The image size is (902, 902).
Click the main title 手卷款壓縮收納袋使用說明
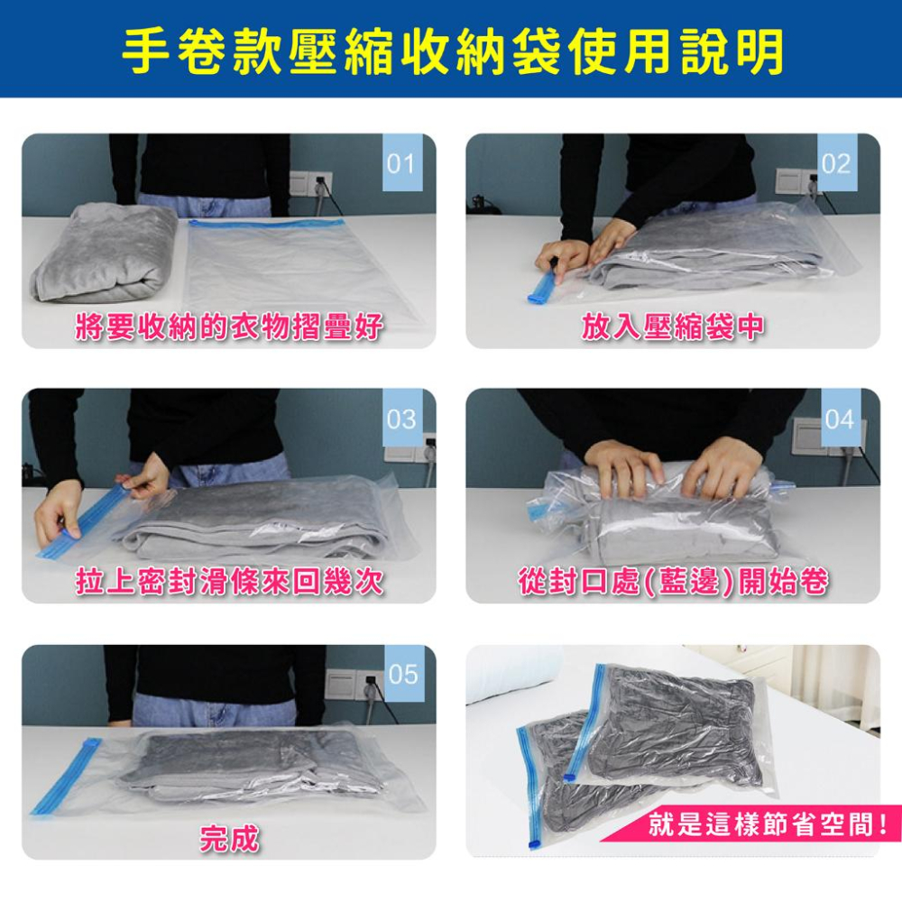tap(453, 51)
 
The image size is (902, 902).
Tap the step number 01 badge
tap(402, 162)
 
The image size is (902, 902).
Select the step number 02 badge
tap(836, 162)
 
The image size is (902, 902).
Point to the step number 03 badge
tap(401, 418)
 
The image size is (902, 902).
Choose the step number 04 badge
tap(841, 418)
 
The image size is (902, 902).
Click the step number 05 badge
tap(402, 673)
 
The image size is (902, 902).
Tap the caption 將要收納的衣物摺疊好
tap(229, 327)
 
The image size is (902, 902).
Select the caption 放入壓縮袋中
tap(673, 327)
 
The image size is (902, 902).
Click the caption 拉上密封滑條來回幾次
tap(229, 581)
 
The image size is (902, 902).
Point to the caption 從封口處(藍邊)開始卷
tap(673, 581)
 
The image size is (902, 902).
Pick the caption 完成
tap(229, 838)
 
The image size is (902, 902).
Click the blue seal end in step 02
tap(542, 288)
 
